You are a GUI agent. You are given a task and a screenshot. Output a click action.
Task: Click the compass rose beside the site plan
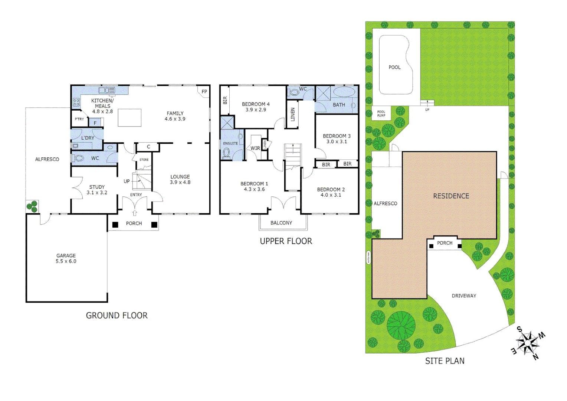point(528,343)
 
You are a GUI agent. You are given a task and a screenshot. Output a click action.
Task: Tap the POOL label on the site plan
point(394,67)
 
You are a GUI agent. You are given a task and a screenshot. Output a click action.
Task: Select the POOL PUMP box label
point(381,114)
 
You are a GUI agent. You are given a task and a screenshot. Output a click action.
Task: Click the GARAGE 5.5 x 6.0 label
point(66,258)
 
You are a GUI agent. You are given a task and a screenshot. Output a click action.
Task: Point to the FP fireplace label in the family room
point(204,92)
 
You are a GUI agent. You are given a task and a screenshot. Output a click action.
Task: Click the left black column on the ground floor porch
point(115,225)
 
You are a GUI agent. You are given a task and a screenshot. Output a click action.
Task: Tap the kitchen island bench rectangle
point(130,118)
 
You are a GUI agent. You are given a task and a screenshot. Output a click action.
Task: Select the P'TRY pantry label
point(79,119)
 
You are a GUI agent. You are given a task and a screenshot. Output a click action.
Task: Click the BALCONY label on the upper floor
point(281,223)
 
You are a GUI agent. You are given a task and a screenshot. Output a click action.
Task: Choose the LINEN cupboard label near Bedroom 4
point(292,114)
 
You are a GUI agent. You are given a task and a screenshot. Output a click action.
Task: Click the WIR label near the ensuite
point(255,148)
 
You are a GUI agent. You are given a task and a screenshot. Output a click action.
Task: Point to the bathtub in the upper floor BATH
point(344,92)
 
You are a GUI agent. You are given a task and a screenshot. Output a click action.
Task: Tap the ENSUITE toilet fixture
point(226,153)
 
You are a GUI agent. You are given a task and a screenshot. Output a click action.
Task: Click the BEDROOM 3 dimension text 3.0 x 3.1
point(337,141)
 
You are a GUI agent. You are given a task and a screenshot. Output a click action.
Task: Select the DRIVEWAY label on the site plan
point(464,296)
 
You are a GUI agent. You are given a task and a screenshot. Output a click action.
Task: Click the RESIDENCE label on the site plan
point(451,196)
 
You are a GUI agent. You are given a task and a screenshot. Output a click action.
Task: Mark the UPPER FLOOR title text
point(286,241)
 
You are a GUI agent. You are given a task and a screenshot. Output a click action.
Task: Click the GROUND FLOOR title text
point(117,316)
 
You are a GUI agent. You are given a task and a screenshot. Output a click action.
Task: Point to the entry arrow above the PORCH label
point(134,213)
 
